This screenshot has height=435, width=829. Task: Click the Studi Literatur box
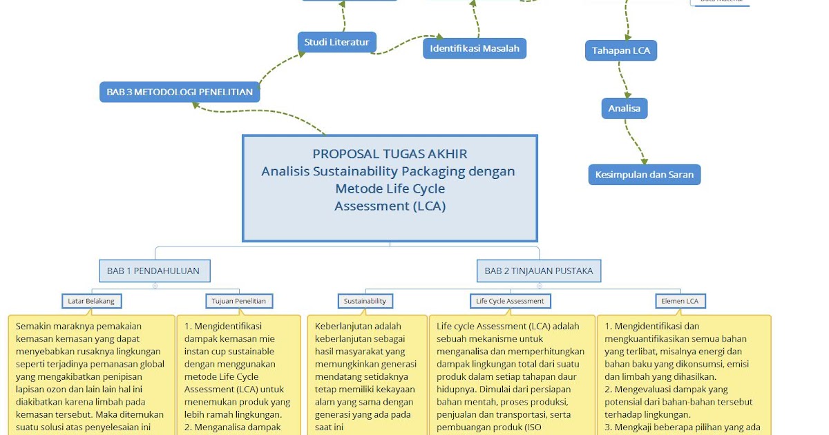click(x=337, y=42)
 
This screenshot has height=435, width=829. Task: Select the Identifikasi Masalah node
click(x=475, y=48)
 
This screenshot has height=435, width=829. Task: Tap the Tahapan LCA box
click(x=621, y=50)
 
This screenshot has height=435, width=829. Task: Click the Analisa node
click(x=624, y=108)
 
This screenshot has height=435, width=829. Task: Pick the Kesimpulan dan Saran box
click(x=644, y=175)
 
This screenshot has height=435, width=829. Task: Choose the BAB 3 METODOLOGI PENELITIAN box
click(x=180, y=91)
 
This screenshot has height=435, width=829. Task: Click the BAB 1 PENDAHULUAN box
click(x=153, y=271)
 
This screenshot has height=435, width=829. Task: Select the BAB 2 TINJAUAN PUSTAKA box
click(x=538, y=271)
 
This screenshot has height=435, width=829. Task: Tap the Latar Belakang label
click(x=91, y=301)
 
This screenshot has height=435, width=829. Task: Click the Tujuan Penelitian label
click(x=240, y=301)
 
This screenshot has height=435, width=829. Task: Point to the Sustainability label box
click(x=365, y=301)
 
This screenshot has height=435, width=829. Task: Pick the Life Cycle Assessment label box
click(x=510, y=301)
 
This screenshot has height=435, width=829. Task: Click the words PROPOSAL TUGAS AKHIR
click(x=390, y=154)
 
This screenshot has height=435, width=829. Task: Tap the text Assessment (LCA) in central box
click(x=390, y=206)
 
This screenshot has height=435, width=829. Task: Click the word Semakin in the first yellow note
click(x=35, y=327)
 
